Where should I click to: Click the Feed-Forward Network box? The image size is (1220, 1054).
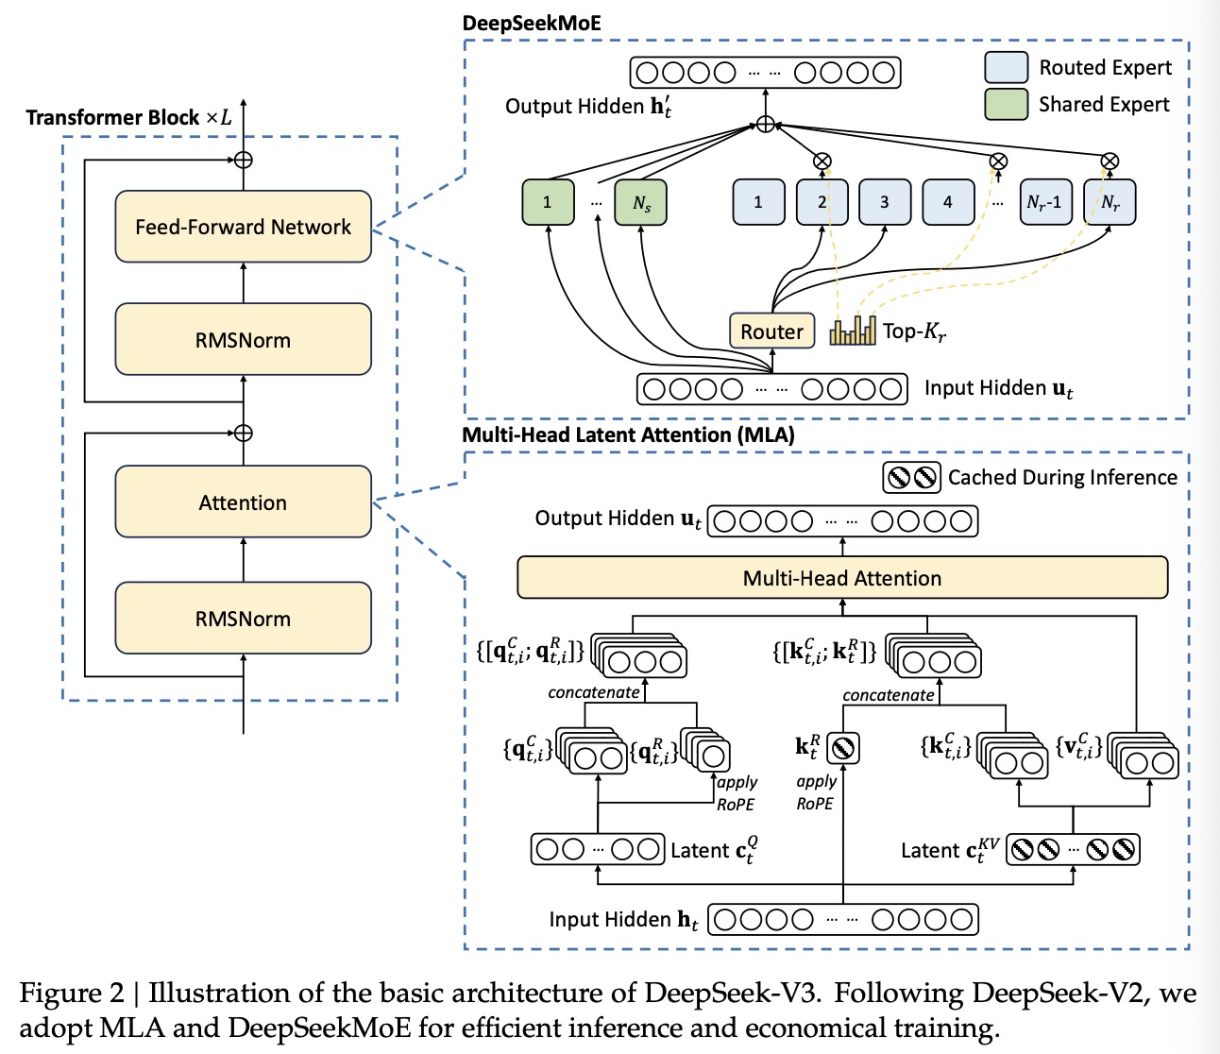click(243, 227)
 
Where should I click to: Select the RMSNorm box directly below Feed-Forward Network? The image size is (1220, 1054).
click(243, 340)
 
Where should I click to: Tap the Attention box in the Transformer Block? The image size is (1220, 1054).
click(243, 502)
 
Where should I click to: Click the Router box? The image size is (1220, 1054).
click(771, 331)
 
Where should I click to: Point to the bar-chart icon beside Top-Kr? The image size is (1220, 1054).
click(853, 331)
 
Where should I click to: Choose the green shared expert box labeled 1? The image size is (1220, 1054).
click(548, 202)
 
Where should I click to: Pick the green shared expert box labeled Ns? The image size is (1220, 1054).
click(641, 202)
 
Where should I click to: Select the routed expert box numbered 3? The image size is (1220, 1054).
click(885, 202)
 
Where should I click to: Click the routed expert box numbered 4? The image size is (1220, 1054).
click(948, 202)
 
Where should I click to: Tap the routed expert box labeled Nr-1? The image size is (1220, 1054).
click(1044, 202)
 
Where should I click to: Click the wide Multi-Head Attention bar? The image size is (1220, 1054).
click(842, 578)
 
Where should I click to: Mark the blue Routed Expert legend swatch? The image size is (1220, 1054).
click(1006, 67)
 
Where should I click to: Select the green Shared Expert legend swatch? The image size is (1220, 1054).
click(1006, 104)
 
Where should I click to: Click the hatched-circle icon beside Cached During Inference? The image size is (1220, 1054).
click(912, 478)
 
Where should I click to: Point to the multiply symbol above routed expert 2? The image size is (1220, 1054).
click(822, 161)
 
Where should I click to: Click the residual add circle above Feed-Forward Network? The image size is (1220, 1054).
click(244, 160)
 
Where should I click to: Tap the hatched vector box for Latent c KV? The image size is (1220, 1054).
click(1073, 849)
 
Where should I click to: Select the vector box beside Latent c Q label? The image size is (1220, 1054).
click(598, 849)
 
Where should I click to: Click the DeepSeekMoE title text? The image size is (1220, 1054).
click(532, 24)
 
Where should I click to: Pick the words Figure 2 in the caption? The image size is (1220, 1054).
click(72, 994)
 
